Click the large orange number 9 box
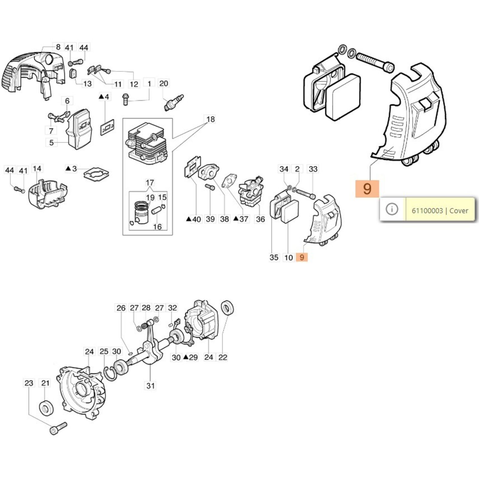(x=367, y=189)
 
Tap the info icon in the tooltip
(x=392, y=209)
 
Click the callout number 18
(x=210, y=119)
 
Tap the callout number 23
(x=29, y=383)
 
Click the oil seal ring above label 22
(x=228, y=308)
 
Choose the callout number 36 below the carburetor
(x=260, y=219)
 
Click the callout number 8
(x=58, y=47)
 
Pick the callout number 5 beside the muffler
(x=51, y=143)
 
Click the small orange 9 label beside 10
(x=302, y=257)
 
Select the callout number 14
(x=37, y=169)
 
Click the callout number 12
(x=134, y=84)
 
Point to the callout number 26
(x=121, y=308)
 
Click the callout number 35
(x=274, y=257)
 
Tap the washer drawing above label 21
(x=47, y=407)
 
